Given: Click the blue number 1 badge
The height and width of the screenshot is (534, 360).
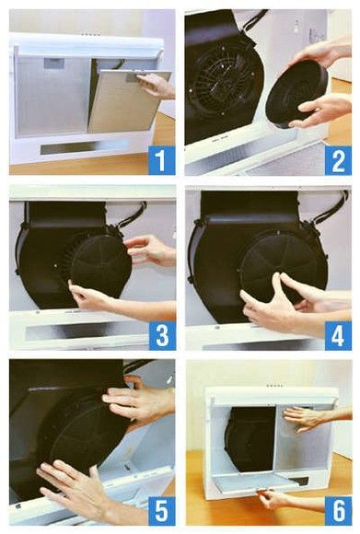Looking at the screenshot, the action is click(161, 159).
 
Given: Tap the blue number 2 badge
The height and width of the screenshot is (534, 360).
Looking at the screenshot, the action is click(338, 160).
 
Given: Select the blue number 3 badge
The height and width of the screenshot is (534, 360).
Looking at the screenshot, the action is click(162, 335).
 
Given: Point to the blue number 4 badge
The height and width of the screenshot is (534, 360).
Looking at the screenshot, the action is click(338, 335).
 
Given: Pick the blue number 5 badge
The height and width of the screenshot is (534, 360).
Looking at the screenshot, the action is click(161, 510).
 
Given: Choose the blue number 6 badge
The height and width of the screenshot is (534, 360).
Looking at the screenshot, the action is click(338, 510).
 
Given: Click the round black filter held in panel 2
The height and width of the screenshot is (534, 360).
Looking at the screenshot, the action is click(297, 94).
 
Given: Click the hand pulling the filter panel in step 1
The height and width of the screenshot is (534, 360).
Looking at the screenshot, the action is click(157, 86).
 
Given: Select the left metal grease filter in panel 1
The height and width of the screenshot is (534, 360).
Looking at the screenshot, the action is click(52, 97).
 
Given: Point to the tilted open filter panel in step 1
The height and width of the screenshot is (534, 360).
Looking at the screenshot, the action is click(127, 101).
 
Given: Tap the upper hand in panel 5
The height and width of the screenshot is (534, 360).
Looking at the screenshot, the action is click(139, 401).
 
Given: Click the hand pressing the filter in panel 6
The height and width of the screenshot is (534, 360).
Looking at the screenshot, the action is click(315, 418).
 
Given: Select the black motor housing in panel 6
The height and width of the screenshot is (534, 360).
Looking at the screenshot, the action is click(251, 438).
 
